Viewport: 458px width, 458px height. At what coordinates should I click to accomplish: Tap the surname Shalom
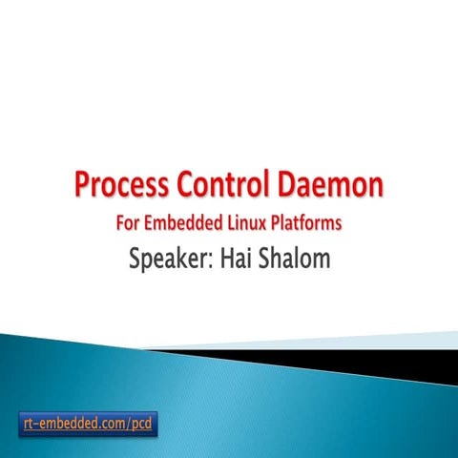296,258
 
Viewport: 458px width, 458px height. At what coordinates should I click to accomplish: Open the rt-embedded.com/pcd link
87,421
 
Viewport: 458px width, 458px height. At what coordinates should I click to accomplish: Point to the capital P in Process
83,185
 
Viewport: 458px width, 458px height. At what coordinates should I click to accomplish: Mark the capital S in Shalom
266,258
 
